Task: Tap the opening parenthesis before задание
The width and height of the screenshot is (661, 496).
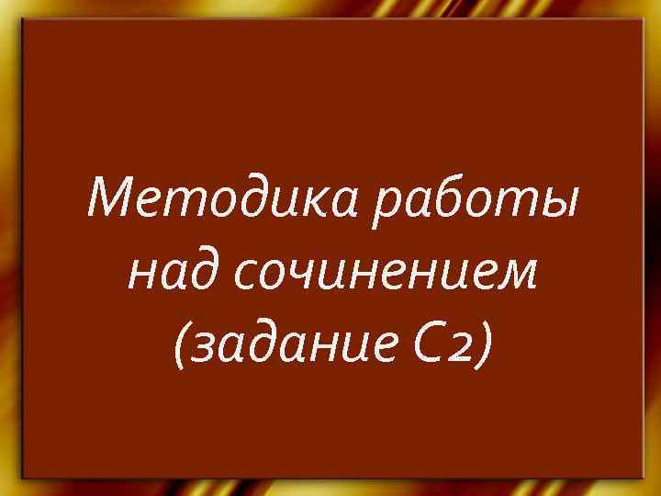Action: (x=179, y=348)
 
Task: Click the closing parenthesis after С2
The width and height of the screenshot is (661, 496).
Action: (x=483, y=348)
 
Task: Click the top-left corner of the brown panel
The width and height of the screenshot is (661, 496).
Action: (x=23, y=20)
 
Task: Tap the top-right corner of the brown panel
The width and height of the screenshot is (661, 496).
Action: (x=640, y=20)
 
